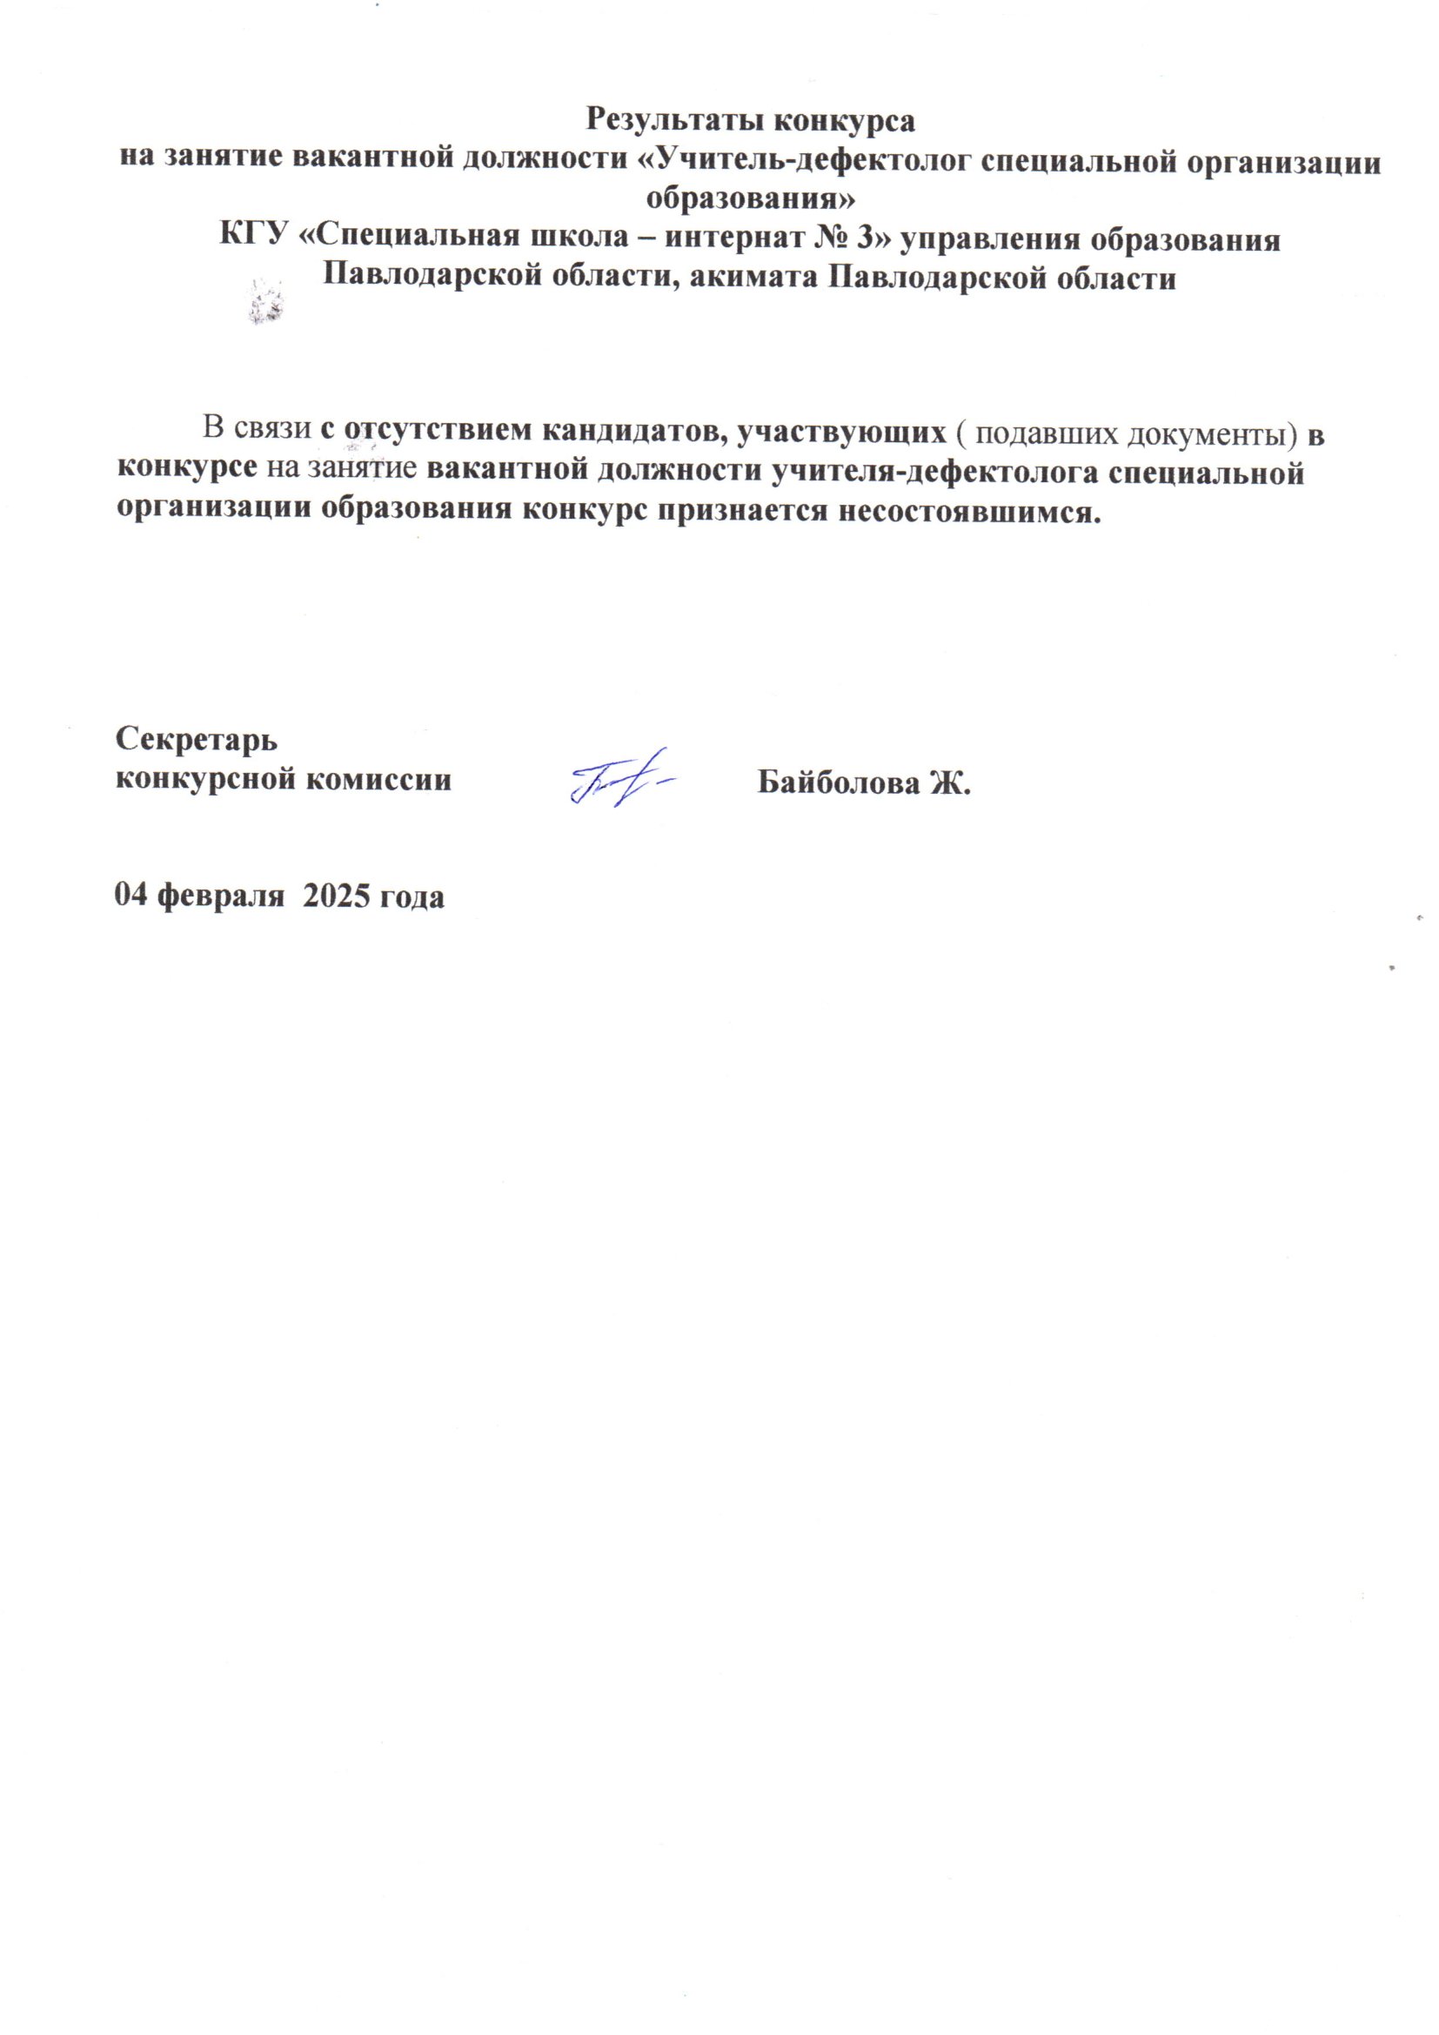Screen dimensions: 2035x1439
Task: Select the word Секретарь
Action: click(x=197, y=738)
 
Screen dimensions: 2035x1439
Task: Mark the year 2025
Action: click(x=337, y=896)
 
